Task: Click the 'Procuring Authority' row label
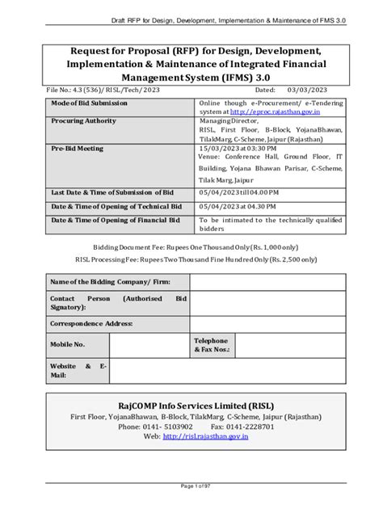pos(84,120)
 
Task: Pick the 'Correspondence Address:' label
pos(90,323)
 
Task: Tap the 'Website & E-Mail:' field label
pos(78,371)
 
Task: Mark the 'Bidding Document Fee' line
pos(191,246)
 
